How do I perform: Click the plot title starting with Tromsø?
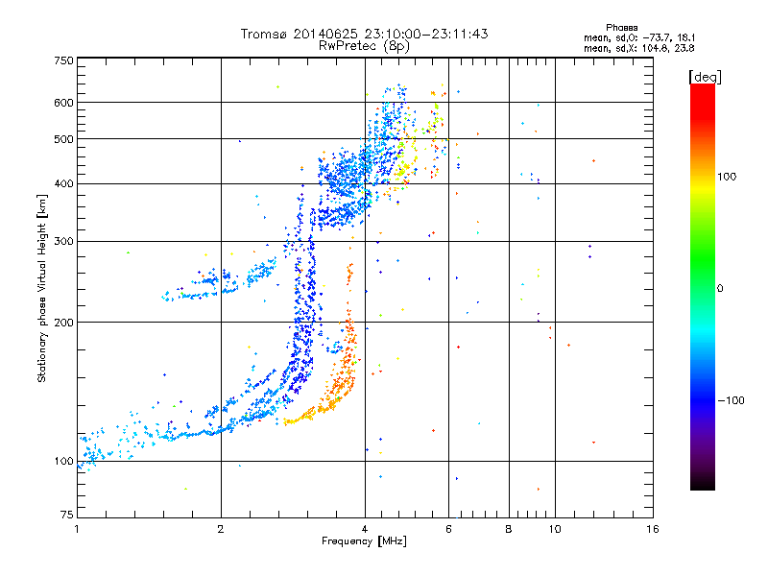coord(364,34)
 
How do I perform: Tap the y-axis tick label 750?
coord(63,60)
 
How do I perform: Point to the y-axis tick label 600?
coord(63,102)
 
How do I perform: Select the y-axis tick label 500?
coord(63,138)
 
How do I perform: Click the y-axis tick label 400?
coord(63,183)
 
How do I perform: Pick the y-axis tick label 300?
coord(63,241)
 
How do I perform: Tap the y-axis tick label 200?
coord(63,322)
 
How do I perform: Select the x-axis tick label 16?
coord(652,529)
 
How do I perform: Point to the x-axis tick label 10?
coord(554,529)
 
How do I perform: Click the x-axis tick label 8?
coord(509,529)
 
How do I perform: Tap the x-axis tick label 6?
coord(449,529)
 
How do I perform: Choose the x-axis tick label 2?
coord(221,529)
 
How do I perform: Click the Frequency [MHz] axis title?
coord(364,542)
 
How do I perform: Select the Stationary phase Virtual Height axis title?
coord(41,288)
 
